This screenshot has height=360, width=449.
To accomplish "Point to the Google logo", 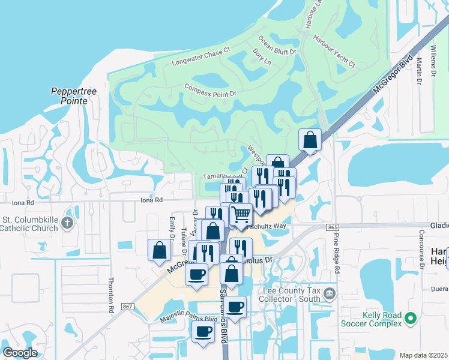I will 20,353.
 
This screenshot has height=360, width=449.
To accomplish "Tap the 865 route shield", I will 333,227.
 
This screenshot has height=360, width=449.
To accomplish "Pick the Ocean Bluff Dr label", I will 277,46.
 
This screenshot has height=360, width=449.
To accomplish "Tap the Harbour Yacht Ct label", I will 334,55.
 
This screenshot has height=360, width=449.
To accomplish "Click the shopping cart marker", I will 241,214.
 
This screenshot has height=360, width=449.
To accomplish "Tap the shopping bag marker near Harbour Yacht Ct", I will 310,140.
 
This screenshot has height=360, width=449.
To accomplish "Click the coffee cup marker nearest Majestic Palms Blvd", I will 203,332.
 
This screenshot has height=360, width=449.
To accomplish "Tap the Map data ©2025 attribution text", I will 423,355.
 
